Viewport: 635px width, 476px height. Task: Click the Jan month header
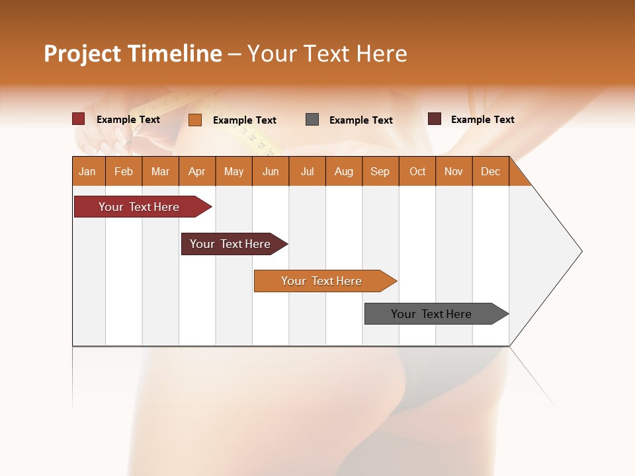click(87, 171)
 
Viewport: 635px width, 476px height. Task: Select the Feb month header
click(124, 171)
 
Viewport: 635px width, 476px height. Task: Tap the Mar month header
click(160, 171)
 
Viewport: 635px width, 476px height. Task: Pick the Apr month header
click(197, 171)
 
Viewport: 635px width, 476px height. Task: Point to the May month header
click(233, 171)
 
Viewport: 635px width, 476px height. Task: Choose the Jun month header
click(271, 171)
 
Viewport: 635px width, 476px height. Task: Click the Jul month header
click(307, 171)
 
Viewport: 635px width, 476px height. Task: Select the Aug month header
click(344, 171)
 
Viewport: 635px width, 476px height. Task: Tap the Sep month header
click(380, 171)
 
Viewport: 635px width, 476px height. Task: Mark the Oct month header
click(417, 171)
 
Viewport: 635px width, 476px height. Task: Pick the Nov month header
click(454, 171)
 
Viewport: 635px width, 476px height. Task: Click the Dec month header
click(491, 171)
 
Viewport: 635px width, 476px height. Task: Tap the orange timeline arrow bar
click(321, 281)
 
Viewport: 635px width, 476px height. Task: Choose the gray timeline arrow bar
click(431, 314)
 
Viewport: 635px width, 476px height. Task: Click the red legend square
click(79, 119)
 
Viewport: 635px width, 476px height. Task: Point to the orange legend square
click(195, 120)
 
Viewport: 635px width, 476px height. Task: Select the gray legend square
click(312, 120)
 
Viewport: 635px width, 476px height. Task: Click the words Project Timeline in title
click(133, 54)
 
